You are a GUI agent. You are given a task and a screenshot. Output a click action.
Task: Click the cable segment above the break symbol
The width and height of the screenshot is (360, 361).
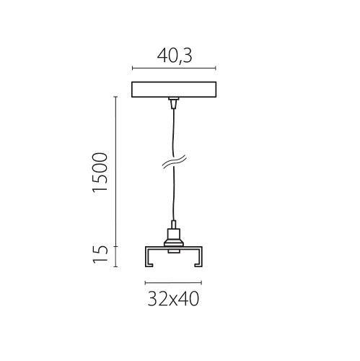point(172,134)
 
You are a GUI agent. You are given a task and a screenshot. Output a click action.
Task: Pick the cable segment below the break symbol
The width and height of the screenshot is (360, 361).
point(172,195)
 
